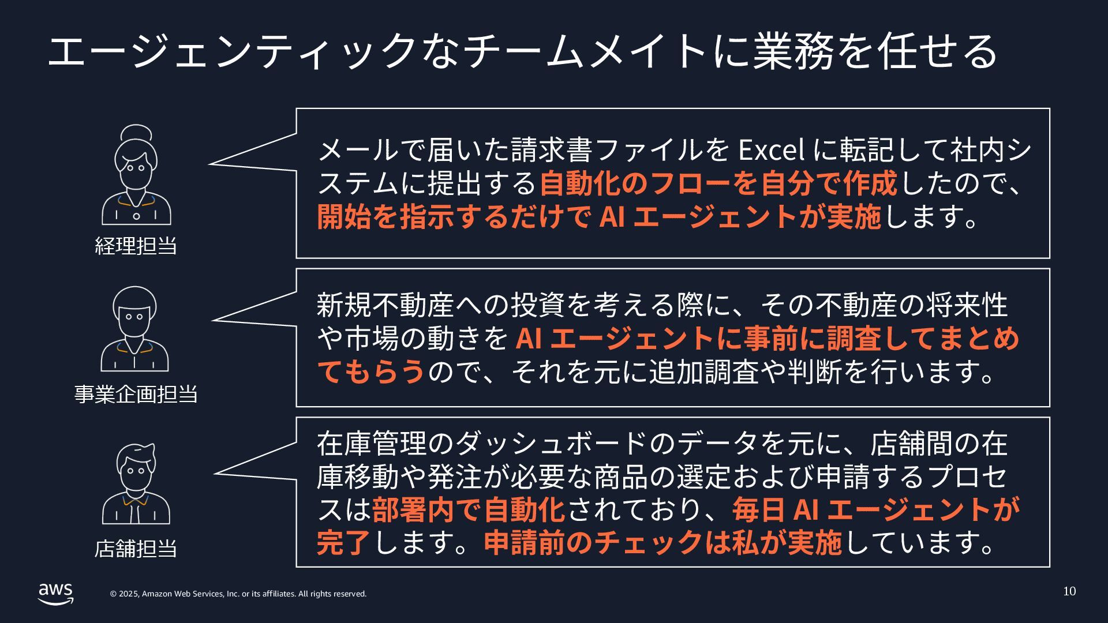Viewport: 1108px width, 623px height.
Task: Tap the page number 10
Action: [1069, 591]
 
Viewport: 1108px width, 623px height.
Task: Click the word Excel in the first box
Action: [772, 150]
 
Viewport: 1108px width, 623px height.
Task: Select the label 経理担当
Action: [136, 246]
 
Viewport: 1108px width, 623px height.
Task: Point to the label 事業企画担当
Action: [136, 394]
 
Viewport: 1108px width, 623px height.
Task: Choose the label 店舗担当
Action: [136, 548]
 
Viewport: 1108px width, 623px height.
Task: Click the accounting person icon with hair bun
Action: [136, 175]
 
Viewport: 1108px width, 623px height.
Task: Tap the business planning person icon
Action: [135, 329]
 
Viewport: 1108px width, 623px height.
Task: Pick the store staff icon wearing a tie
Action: [136, 485]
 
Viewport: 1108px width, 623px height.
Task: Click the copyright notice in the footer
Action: [238, 594]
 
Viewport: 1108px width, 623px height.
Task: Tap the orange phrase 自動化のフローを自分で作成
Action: [718, 183]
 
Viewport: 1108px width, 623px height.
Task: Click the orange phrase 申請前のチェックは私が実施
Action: [662, 542]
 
